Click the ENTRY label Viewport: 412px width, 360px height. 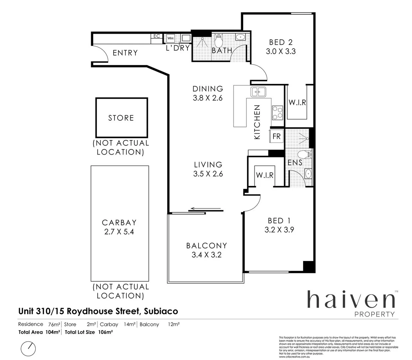[125, 53]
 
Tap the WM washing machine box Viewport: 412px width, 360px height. [171, 38]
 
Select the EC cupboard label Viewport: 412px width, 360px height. [157, 36]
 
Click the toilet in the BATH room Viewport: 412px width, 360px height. [218, 41]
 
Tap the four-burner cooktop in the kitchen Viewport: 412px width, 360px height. [277, 112]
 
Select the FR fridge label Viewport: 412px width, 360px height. [276, 136]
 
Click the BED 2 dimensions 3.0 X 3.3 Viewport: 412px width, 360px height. [281, 51]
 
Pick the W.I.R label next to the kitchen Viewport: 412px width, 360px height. [297, 102]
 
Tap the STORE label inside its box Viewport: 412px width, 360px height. [121, 118]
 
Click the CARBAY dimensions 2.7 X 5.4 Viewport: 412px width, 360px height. [119, 232]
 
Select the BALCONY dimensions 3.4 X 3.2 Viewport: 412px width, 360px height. [206, 255]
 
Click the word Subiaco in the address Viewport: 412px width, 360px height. [161, 311]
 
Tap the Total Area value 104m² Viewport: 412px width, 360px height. [53, 332]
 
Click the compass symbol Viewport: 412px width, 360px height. [28, 349]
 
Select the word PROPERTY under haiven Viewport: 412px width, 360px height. [374, 314]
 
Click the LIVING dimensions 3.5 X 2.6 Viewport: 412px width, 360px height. [208, 174]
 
